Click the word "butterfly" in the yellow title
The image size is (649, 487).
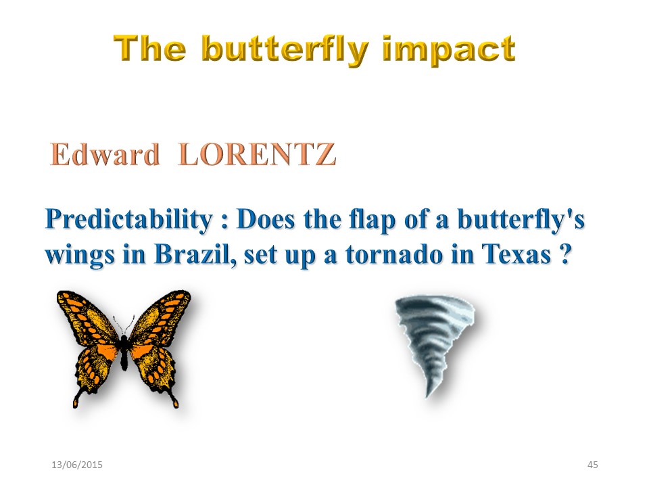point(285,51)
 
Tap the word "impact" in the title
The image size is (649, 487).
point(449,51)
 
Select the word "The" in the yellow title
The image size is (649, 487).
point(150,49)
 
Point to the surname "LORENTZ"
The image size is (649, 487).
point(257,154)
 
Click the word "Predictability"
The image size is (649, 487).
point(129,219)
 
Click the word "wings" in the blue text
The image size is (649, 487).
point(80,256)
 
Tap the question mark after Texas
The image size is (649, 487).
point(565,254)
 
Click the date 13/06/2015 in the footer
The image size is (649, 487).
point(76,465)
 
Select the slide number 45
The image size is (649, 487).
point(593,465)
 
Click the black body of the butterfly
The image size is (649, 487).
point(124,351)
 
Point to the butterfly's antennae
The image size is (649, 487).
point(124,325)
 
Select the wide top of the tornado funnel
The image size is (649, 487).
point(435,306)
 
